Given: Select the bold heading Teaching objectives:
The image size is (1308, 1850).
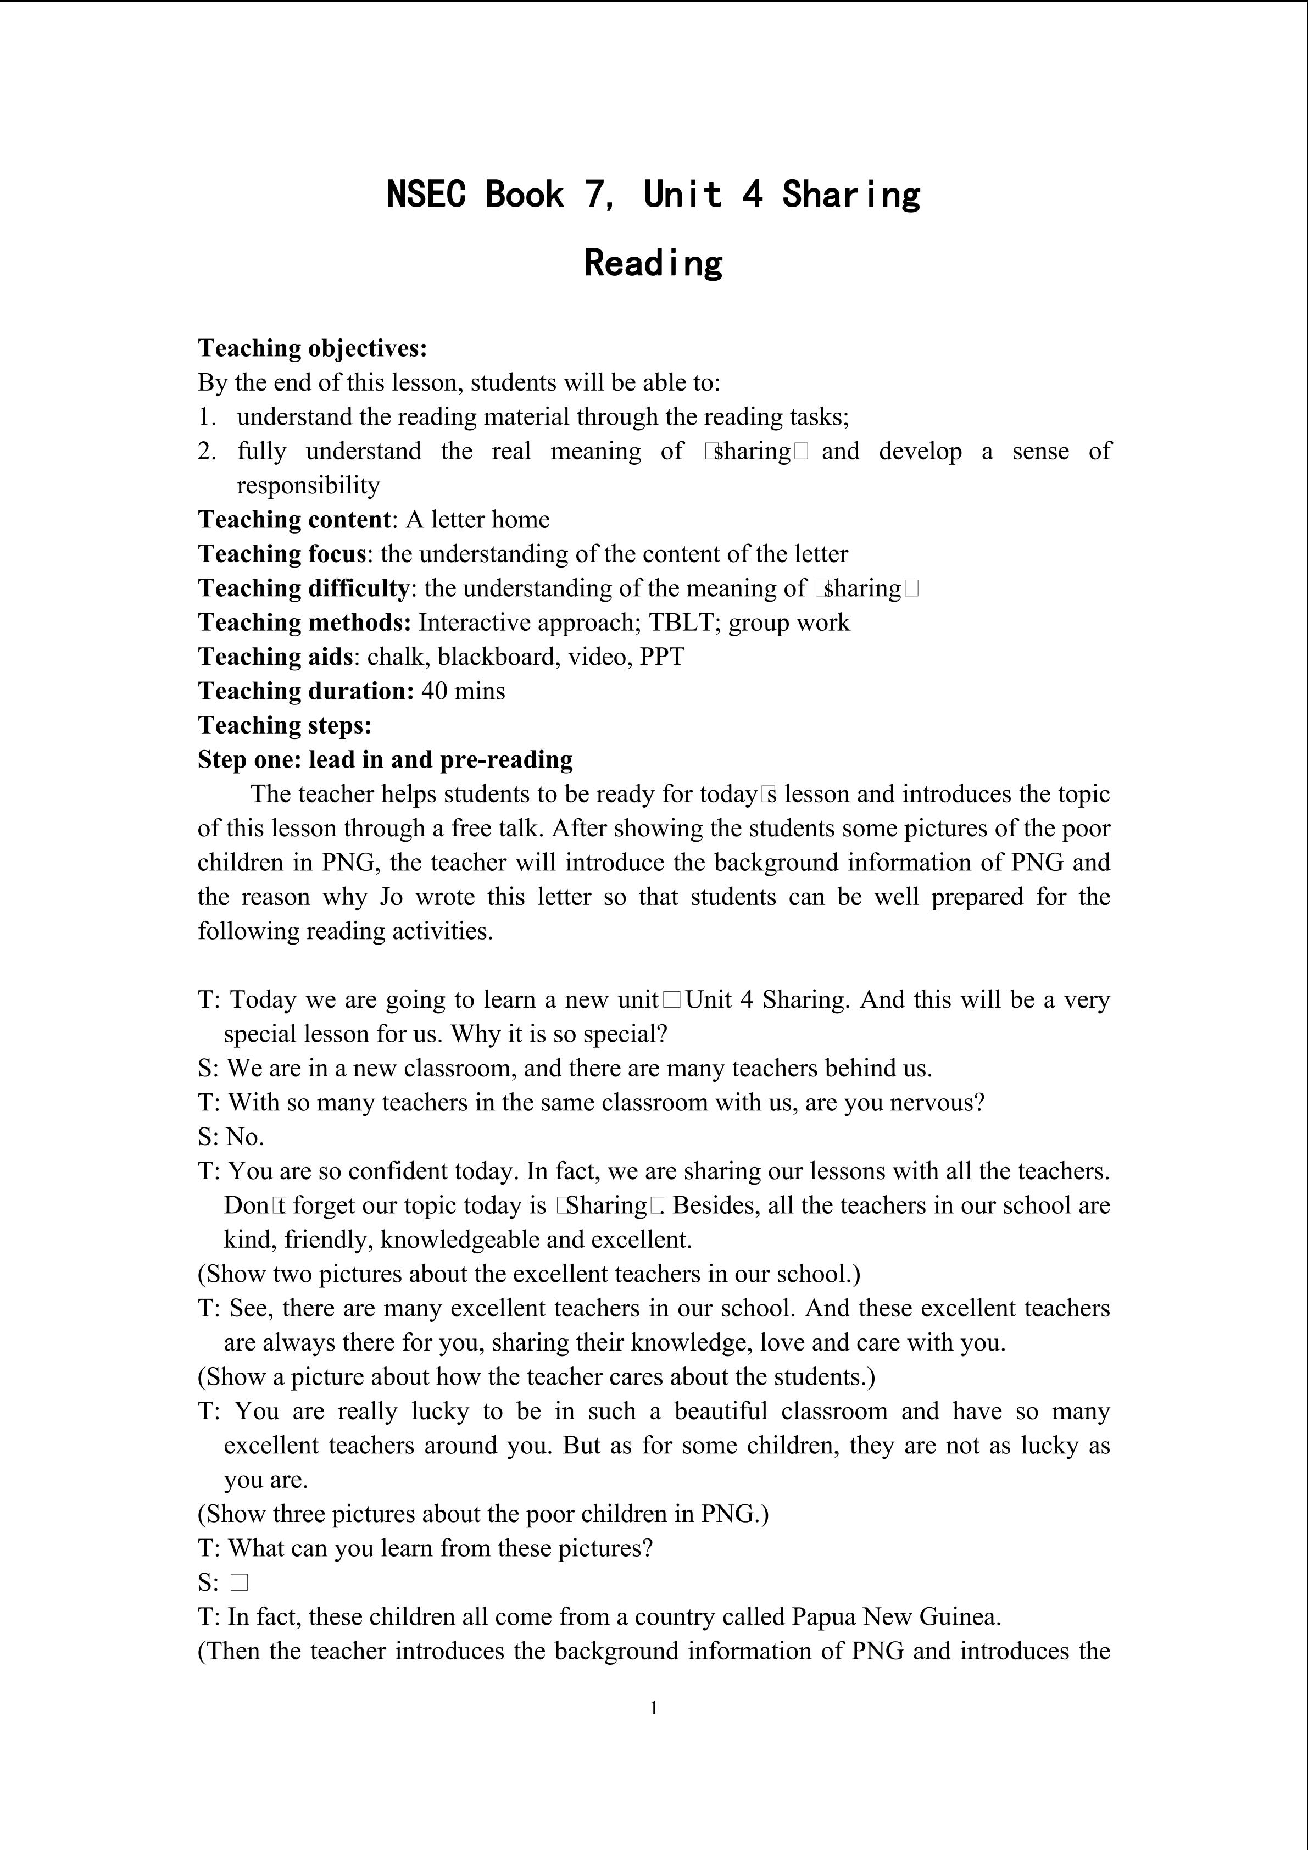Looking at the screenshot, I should click(x=313, y=348).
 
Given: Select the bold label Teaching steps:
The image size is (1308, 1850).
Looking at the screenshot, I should click(x=285, y=725).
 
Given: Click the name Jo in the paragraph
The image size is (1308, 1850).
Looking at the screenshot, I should click(x=391, y=897).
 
